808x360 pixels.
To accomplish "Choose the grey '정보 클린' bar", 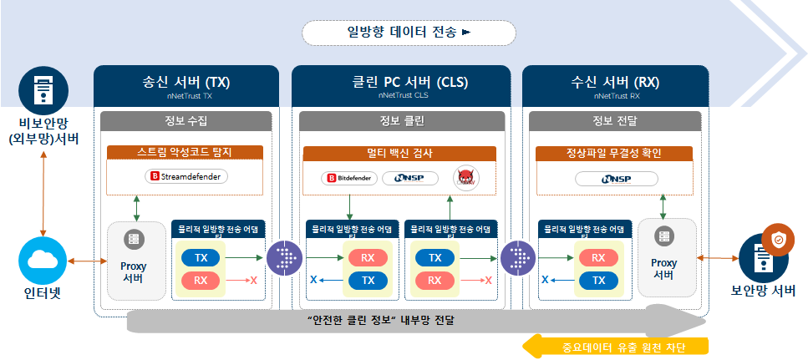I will tap(402, 121).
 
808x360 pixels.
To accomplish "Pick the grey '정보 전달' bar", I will tap(615, 121).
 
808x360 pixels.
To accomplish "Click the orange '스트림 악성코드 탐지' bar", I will tap(185, 153).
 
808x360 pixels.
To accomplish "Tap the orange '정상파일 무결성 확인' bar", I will tap(614, 153).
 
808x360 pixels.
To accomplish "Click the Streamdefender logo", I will tap(186, 176).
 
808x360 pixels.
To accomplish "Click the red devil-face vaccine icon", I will tap(465, 178).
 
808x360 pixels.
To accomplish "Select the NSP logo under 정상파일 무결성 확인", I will tap(615, 179).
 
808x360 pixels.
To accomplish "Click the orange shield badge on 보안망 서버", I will tap(779, 241).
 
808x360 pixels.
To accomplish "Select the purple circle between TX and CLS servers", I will tap(284, 258).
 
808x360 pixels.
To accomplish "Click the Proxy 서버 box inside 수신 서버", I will tap(665, 257).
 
